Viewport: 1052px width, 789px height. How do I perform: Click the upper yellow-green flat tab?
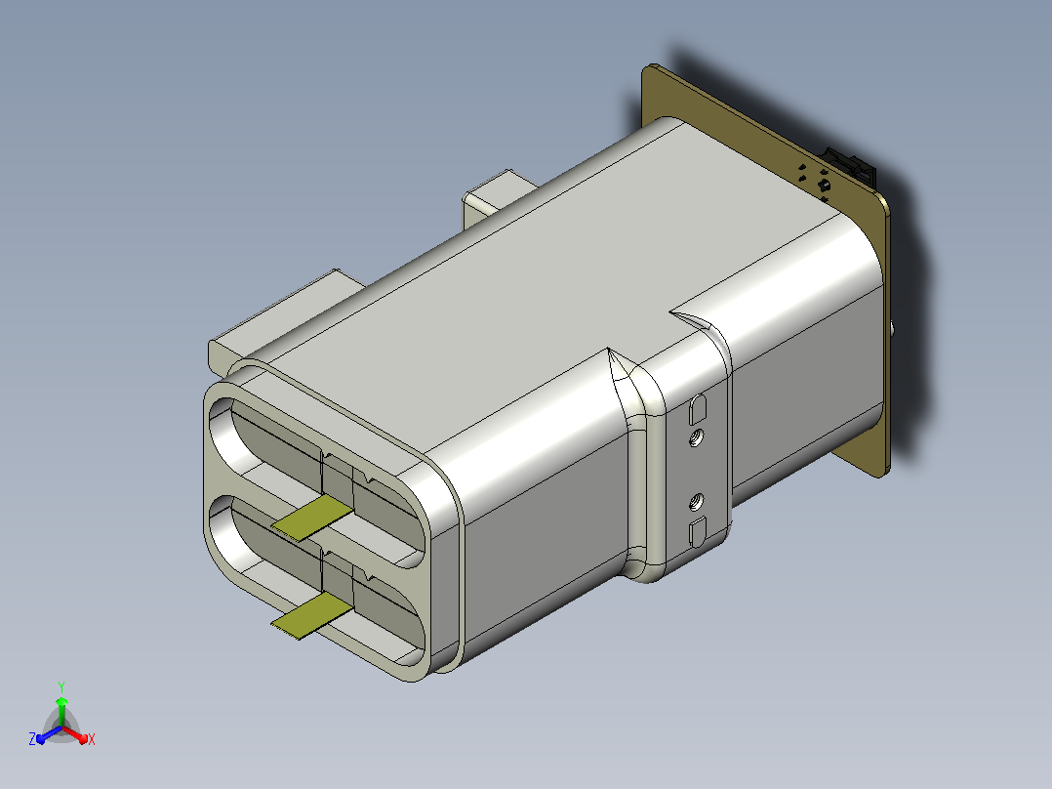coord(312,518)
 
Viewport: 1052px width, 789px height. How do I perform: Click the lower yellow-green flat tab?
coord(312,615)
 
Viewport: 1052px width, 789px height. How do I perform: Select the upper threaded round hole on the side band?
coord(697,438)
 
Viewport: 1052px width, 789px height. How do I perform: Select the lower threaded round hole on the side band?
coord(697,502)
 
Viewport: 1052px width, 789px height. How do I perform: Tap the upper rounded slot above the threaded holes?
coord(698,409)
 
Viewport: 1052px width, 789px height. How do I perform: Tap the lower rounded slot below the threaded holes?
coord(698,532)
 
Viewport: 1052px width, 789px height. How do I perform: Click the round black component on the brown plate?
coord(824,185)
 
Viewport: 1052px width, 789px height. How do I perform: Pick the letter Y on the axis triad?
coord(61,686)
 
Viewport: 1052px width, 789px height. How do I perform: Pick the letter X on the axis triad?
coord(92,739)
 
